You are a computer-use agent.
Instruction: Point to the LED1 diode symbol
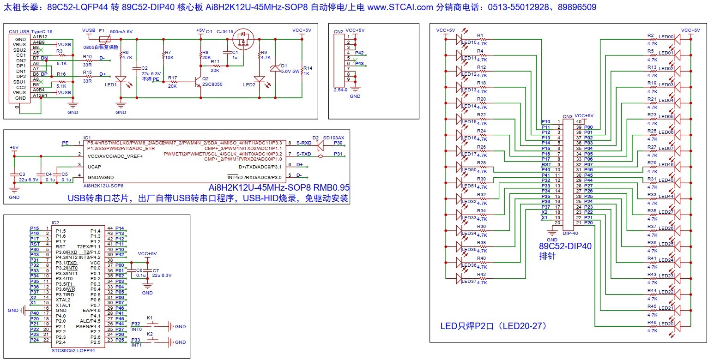[x=121, y=79]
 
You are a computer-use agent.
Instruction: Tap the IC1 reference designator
[x=87, y=138]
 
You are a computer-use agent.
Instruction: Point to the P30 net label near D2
[x=338, y=143]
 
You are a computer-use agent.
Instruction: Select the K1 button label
[x=150, y=318]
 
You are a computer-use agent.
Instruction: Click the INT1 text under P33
[x=137, y=345]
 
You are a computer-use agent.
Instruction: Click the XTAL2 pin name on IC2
[x=63, y=300]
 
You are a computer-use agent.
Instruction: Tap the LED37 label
[x=469, y=281]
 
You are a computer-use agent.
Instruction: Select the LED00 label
[x=666, y=36]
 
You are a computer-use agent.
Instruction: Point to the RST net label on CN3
[x=546, y=164]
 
